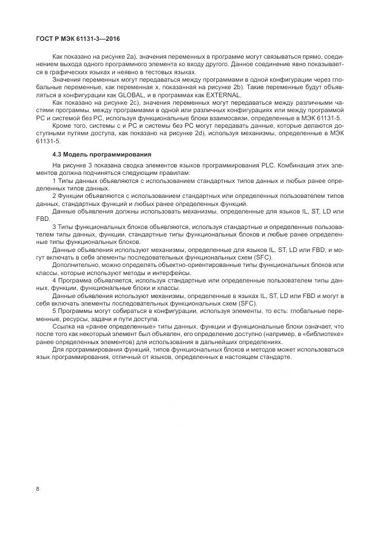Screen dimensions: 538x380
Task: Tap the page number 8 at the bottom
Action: (x=37, y=489)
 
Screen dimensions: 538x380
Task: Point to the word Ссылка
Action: (x=64, y=326)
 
